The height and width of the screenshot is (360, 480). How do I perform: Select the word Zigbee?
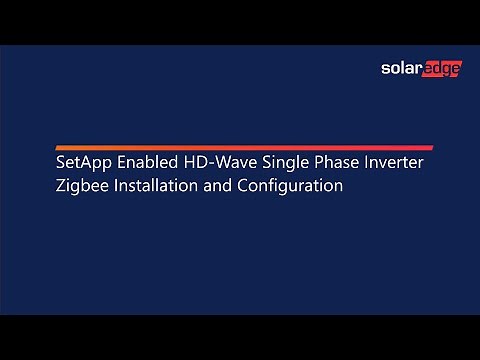tap(81, 187)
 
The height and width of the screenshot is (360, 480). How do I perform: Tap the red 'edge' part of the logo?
tap(439, 70)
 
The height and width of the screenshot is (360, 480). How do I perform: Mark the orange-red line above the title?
tap(244, 147)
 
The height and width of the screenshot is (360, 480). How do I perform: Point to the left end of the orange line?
tap(58, 147)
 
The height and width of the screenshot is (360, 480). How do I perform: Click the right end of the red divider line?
tap(430, 147)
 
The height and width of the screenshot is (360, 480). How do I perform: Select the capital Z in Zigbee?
tap(61, 186)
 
